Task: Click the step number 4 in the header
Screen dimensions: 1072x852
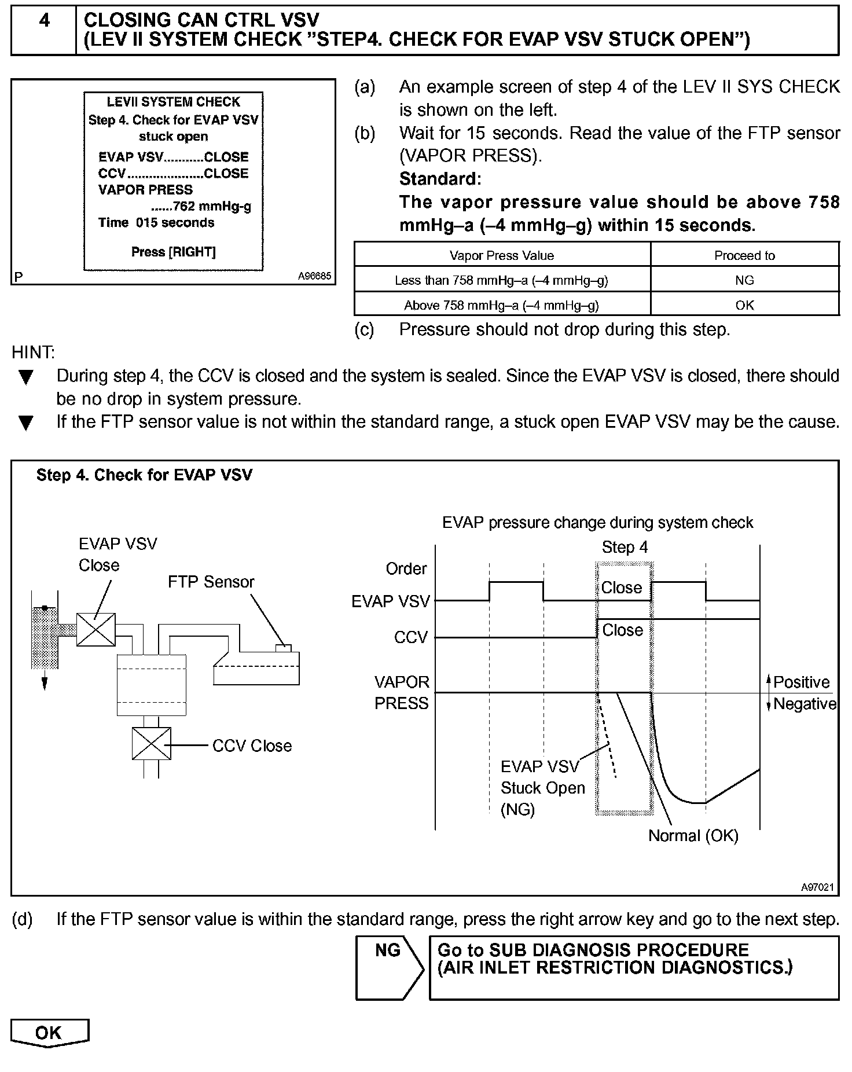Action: click(x=44, y=21)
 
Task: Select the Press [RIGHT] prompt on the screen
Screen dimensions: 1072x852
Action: click(x=173, y=252)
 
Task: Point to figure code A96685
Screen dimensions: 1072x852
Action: click(x=314, y=277)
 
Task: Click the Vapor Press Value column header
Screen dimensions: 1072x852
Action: click(x=502, y=256)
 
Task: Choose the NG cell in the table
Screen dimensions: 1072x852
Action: click(x=744, y=280)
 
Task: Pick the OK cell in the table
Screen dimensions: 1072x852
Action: click(x=744, y=305)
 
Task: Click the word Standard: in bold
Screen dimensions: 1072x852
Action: click(x=440, y=179)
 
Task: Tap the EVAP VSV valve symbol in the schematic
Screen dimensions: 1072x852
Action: click(x=96, y=629)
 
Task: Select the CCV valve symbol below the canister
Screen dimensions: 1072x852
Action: click(x=152, y=743)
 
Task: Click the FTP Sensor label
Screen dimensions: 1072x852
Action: click(x=211, y=582)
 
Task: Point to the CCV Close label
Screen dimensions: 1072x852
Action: click(x=252, y=746)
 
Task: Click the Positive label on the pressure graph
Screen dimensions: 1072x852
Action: click(x=801, y=682)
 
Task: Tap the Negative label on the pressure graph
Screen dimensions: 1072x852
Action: click(x=805, y=704)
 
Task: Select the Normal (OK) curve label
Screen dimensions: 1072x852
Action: click(x=693, y=836)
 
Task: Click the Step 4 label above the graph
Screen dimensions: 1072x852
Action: click(x=625, y=547)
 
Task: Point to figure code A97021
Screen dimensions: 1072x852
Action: click(x=817, y=887)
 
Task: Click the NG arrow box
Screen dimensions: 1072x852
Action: click(x=389, y=967)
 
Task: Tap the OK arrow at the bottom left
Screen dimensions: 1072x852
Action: click(x=49, y=1033)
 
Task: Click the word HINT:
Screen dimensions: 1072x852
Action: click(x=34, y=352)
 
